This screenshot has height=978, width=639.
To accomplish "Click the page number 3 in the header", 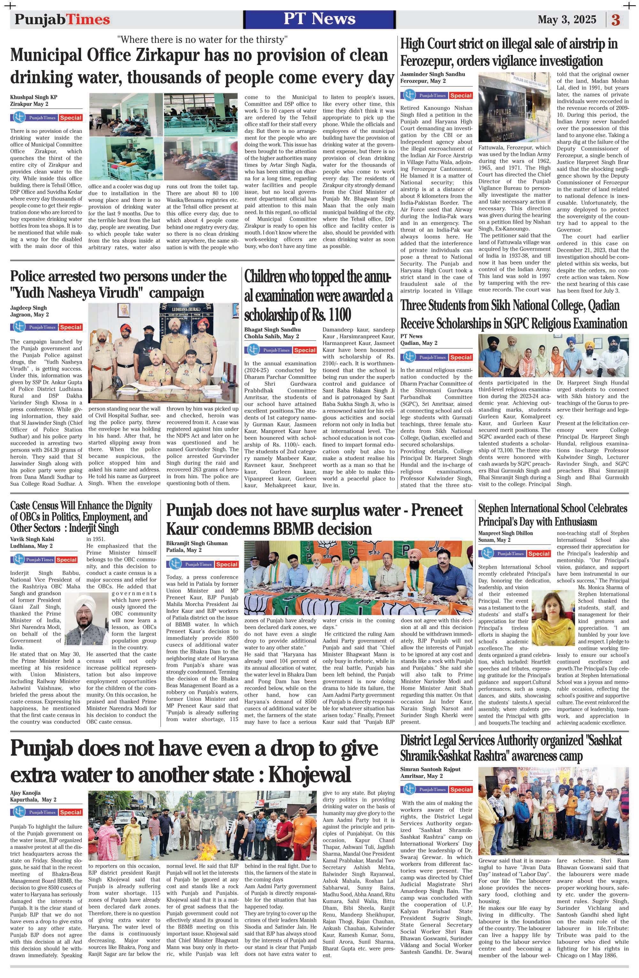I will (616, 20).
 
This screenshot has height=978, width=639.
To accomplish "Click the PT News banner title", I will (319, 19).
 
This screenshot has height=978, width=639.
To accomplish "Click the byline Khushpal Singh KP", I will (34, 98).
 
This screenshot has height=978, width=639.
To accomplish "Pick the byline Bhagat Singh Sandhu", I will (272, 330).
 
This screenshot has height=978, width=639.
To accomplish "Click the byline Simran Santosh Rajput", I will (430, 769).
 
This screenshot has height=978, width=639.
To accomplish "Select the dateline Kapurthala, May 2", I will (33, 800).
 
